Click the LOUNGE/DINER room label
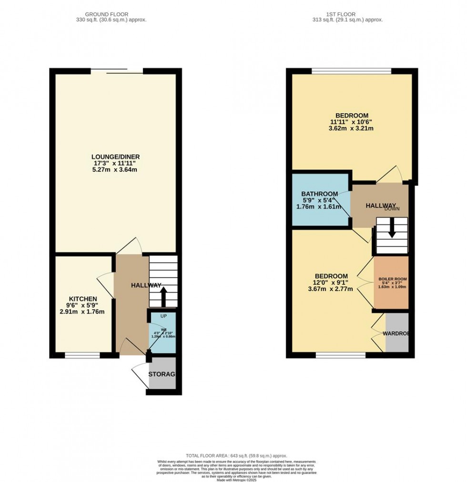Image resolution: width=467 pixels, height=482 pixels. coord(116,157)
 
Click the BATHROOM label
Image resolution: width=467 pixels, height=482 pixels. coord(319,194)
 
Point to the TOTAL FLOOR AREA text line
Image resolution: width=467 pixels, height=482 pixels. coord(233,456)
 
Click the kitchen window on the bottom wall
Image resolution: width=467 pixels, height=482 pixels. coord(82,355)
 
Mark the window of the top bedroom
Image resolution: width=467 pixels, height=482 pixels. coord(351,71)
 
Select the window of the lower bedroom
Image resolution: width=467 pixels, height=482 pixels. coord(340,355)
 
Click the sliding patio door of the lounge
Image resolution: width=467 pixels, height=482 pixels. coord(117,71)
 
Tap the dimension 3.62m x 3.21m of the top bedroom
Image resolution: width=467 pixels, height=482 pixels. coord(352,129)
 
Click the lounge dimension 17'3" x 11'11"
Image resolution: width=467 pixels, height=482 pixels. coord(116,163)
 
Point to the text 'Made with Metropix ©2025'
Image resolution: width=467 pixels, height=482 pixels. coord(233,479)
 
